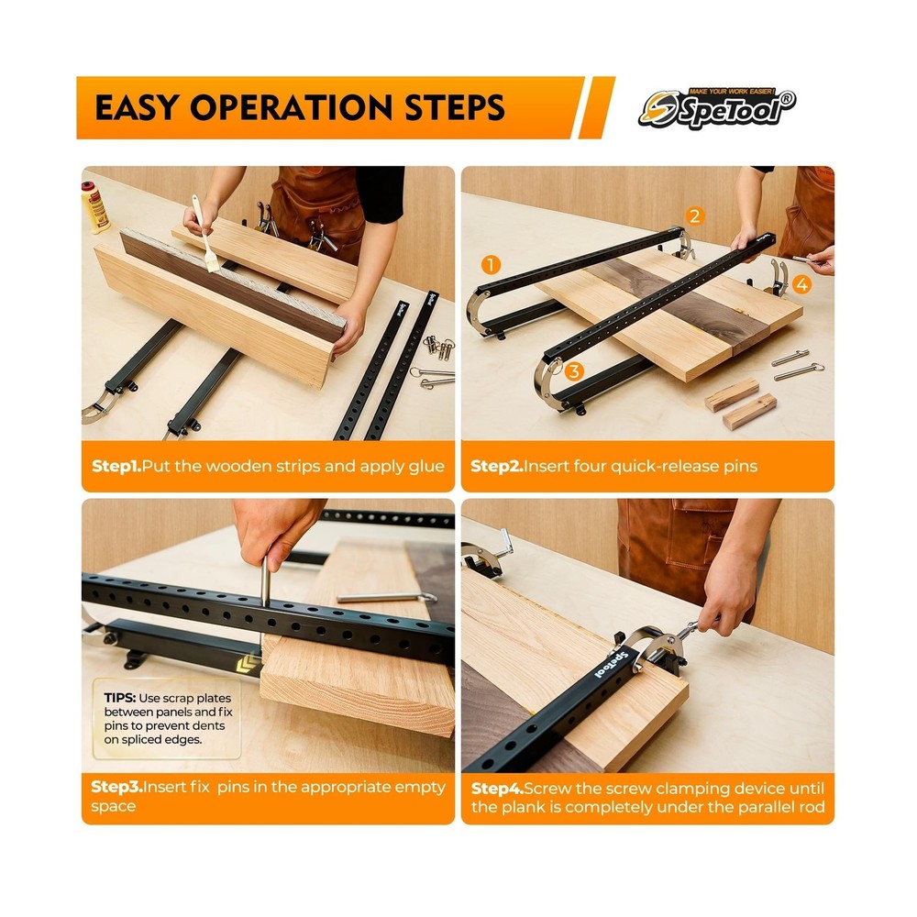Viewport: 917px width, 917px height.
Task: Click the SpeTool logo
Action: [x=717, y=108]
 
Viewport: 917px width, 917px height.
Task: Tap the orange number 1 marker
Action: [x=491, y=265]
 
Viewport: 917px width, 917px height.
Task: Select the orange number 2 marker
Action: [x=694, y=215]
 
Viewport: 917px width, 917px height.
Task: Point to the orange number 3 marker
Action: [x=574, y=370]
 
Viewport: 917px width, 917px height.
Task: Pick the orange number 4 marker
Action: [x=801, y=285]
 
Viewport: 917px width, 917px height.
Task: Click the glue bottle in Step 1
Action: [x=94, y=207]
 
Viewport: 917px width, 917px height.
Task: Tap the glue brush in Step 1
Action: [x=205, y=233]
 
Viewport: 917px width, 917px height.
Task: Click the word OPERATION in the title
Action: [x=292, y=107]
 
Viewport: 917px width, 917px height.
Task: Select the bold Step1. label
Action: [x=116, y=466]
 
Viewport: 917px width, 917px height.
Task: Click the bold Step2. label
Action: [x=496, y=466]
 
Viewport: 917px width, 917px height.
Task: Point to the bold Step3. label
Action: [x=116, y=787]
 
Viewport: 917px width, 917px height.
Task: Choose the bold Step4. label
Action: [x=497, y=789]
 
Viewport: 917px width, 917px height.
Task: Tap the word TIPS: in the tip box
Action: [x=120, y=698]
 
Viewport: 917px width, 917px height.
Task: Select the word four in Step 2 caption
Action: [x=590, y=466]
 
